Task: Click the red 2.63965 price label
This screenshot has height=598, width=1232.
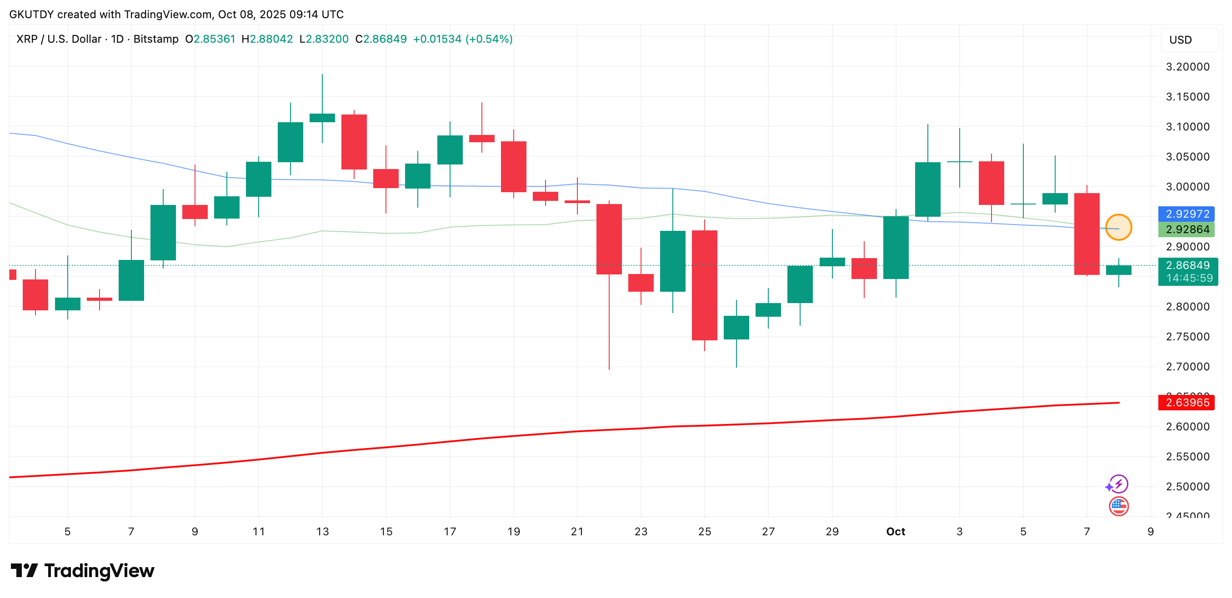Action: [1187, 403]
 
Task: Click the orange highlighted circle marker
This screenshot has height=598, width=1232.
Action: [1118, 227]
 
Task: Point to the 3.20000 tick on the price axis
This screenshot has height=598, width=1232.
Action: [1187, 67]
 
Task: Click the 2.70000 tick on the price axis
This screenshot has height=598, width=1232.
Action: [1187, 367]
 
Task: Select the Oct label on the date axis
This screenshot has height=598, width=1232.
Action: [895, 532]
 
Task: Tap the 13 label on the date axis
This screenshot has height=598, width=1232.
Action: [322, 532]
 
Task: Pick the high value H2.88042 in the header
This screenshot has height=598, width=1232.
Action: [267, 39]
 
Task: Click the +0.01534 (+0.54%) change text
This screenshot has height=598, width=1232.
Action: [462, 39]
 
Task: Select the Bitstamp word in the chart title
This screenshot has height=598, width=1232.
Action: [156, 39]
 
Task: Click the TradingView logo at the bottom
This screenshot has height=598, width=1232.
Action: [82, 571]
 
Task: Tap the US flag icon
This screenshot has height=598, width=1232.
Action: [1119, 506]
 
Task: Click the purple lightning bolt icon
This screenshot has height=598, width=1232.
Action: [1119, 484]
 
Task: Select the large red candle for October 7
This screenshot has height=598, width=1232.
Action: [1087, 234]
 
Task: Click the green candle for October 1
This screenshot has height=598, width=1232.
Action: [896, 247]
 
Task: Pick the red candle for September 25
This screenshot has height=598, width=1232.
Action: [705, 285]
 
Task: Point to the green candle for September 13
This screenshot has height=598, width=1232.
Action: [322, 118]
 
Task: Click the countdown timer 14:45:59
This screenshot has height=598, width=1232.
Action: [1189, 278]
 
